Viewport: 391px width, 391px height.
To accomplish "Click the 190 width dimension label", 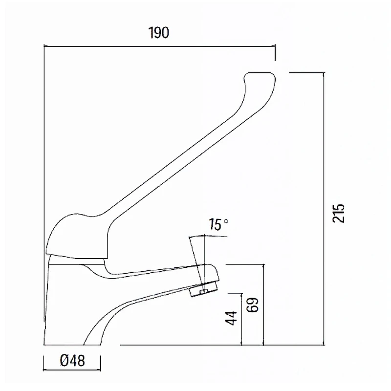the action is (158, 33).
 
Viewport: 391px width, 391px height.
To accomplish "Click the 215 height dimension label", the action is (338, 214).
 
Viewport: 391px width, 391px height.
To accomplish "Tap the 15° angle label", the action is (218, 224).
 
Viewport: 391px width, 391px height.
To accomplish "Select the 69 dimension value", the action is (252, 305).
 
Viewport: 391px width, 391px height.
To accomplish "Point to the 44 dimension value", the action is (231, 318).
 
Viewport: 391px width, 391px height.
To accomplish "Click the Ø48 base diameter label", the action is (72, 361).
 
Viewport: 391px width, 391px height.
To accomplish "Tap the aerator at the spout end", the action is (203, 289).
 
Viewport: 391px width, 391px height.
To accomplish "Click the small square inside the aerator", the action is (204, 292).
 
